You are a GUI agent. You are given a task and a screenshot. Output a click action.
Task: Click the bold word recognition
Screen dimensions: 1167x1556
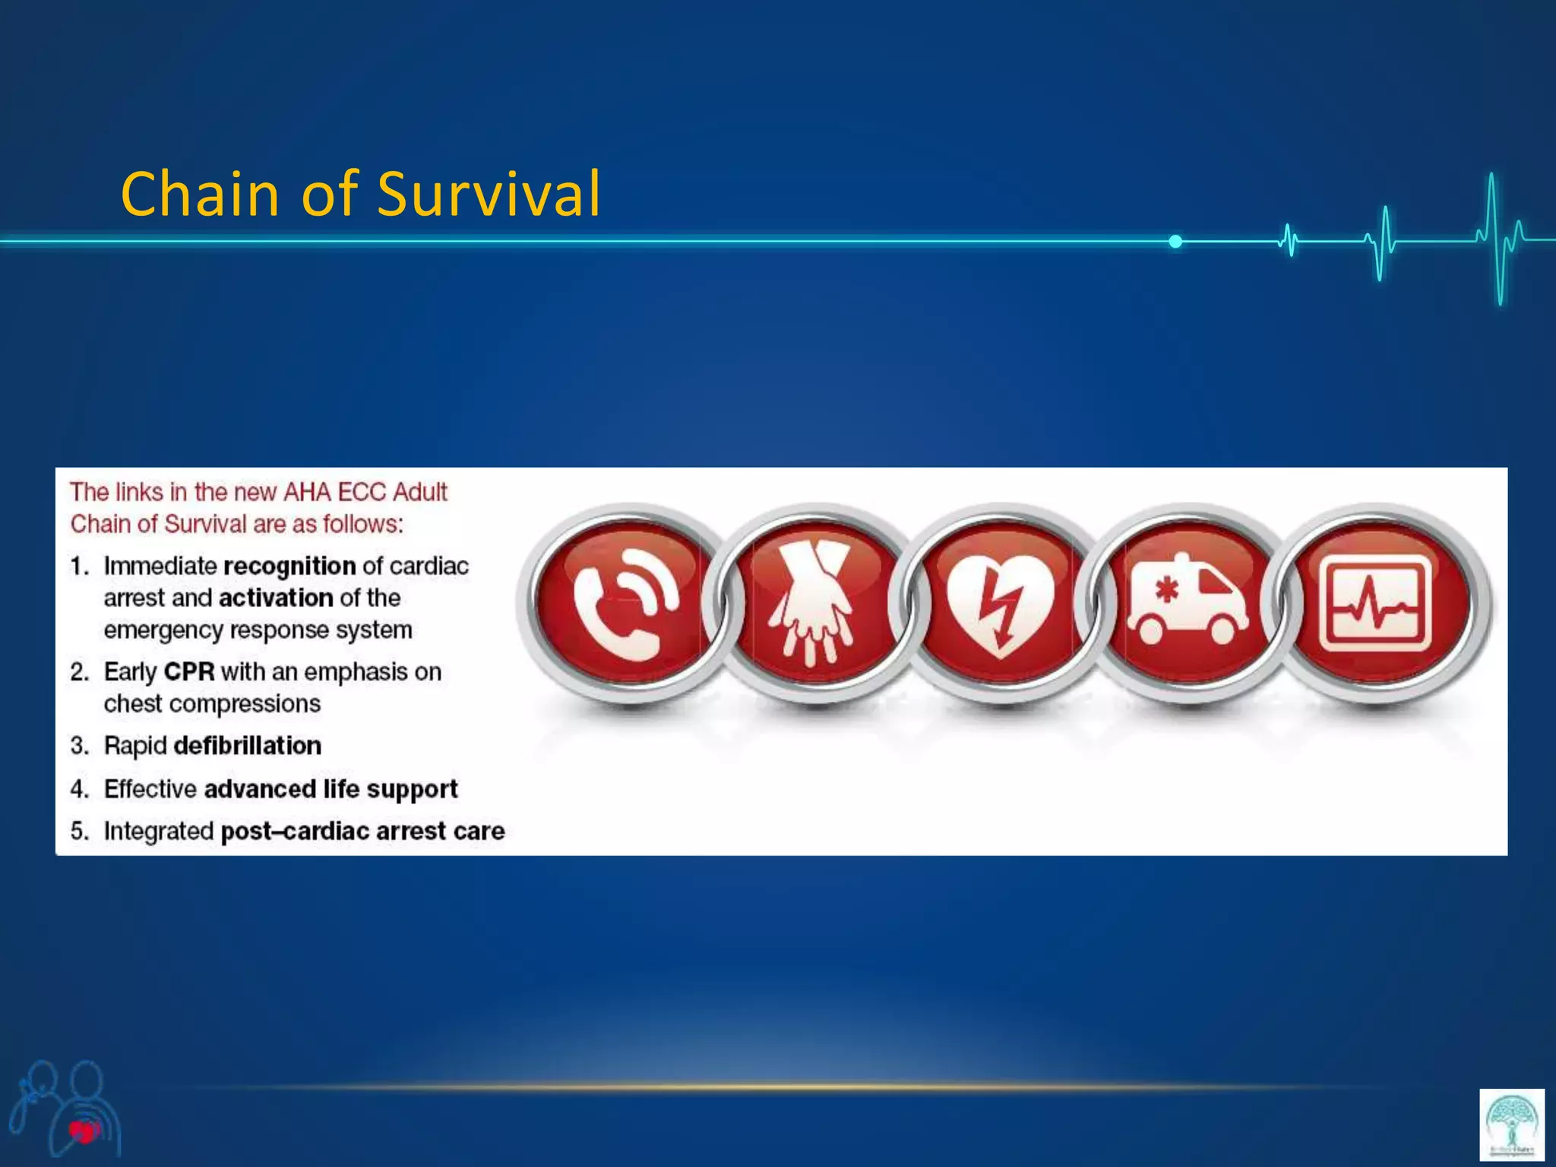tap(289, 566)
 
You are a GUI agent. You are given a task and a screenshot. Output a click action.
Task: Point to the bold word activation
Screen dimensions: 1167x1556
tap(276, 598)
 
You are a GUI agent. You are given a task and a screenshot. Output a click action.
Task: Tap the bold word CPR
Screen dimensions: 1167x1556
tap(189, 672)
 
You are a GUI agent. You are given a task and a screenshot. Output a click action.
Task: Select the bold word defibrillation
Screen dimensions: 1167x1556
tap(247, 745)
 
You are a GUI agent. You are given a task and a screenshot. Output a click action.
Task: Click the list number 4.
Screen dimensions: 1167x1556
tap(79, 789)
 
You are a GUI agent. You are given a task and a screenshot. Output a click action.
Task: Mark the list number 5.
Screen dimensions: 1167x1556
tap(79, 830)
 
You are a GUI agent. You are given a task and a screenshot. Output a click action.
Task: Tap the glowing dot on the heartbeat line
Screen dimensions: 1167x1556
tap(1175, 242)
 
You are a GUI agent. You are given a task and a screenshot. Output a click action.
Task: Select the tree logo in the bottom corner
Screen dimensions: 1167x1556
tap(1511, 1124)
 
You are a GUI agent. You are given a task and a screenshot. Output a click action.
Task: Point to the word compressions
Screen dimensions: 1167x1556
tap(244, 704)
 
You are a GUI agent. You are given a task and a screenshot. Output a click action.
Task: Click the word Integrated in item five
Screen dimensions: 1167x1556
tap(159, 830)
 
